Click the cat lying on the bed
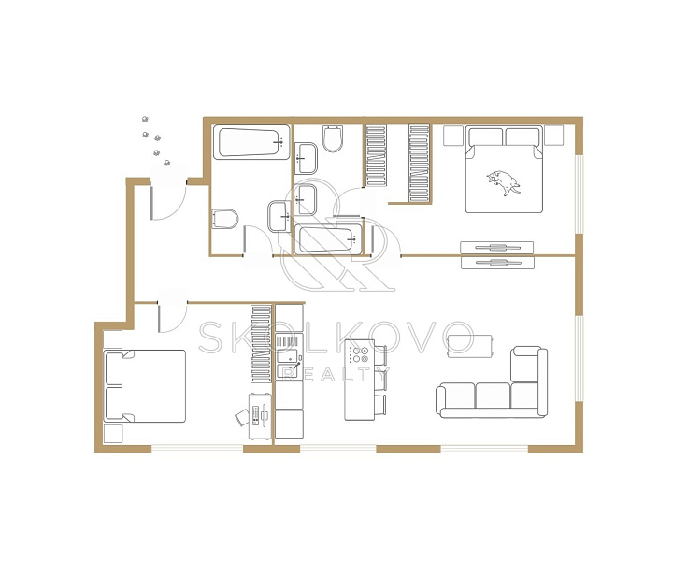(504, 182)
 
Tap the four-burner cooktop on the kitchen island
(359, 354)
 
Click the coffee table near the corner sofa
(469, 346)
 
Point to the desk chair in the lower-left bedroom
(242, 417)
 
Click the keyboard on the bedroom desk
(256, 415)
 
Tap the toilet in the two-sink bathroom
(333, 138)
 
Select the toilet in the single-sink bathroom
(225, 220)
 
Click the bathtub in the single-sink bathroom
(251, 142)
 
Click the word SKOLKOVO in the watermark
(337, 338)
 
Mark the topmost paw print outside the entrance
(145, 120)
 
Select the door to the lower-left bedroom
(173, 318)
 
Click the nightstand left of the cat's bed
(453, 136)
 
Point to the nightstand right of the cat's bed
(553, 136)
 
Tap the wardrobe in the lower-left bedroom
(262, 344)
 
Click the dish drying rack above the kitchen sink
(288, 341)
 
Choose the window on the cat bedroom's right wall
(579, 194)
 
